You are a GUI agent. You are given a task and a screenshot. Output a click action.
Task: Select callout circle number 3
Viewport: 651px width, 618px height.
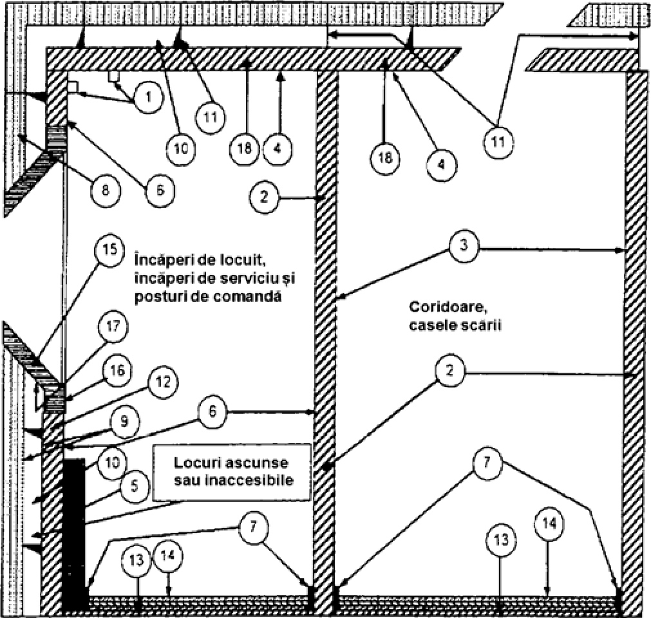[x=465, y=248]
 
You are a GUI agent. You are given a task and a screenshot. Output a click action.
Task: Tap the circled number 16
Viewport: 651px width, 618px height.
[x=118, y=371]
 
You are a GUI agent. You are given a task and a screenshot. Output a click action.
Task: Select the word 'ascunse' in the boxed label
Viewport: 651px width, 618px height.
[x=260, y=463]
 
